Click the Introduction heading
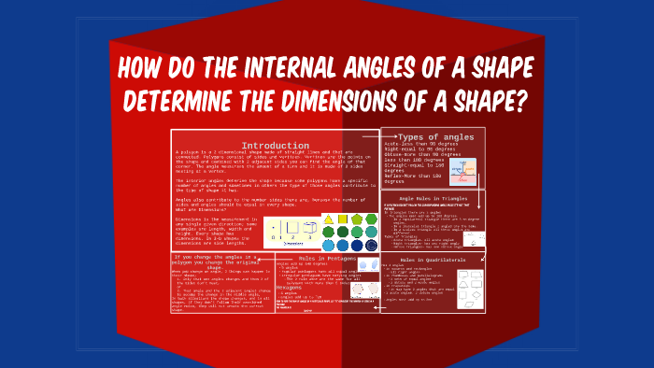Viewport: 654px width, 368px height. pyautogui.click(x=276, y=146)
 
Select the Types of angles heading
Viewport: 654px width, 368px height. pyautogui.click(x=435, y=137)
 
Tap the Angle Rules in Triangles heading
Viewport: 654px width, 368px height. pyautogui.click(x=432, y=198)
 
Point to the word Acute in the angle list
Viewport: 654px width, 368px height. pyautogui.click(x=393, y=146)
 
